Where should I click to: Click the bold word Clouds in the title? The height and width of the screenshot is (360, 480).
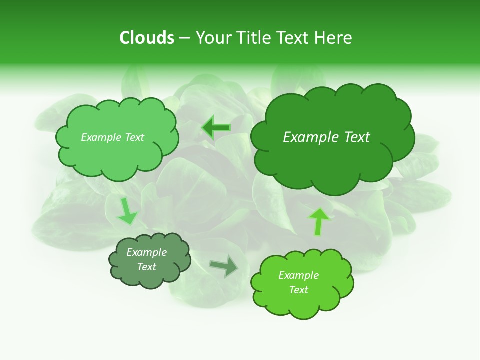pyautogui.click(x=147, y=38)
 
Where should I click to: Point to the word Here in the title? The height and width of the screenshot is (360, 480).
pyautogui.click(x=334, y=38)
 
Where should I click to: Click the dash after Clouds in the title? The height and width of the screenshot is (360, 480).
pyautogui.click(x=184, y=38)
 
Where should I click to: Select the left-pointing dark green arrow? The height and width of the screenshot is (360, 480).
pyautogui.click(x=216, y=127)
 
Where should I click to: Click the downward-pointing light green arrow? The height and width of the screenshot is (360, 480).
pyautogui.click(x=126, y=211)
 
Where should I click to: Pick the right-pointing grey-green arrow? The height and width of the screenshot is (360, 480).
pyautogui.click(x=224, y=266)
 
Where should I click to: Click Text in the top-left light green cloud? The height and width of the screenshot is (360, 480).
pyautogui.click(x=134, y=137)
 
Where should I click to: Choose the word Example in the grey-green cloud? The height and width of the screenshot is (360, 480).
pyautogui.click(x=146, y=252)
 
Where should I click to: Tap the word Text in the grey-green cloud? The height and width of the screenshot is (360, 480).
pyautogui.click(x=146, y=267)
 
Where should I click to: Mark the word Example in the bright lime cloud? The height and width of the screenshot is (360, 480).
pyautogui.click(x=298, y=275)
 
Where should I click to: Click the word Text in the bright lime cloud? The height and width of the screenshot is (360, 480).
pyautogui.click(x=298, y=290)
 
